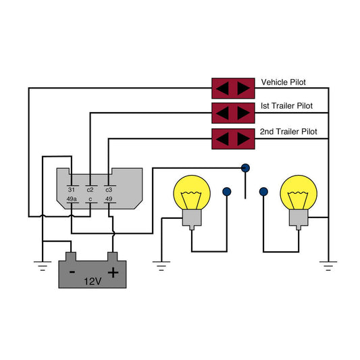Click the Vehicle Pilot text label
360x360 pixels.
tap(283, 82)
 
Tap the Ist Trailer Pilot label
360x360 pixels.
tap(286, 106)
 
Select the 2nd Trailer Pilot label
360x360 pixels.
tap(288, 132)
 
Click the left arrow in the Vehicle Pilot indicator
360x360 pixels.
tap(222, 88)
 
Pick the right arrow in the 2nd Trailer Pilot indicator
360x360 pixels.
tap(244, 139)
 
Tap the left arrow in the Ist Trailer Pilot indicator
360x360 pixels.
tap(222, 113)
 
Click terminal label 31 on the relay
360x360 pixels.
tap(72, 190)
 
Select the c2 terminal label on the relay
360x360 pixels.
tap(90, 190)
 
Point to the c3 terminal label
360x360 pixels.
tap(109, 190)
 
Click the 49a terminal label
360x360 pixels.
tap(72, 199)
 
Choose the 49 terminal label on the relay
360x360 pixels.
tap(109, 199)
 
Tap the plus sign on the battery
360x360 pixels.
tap(113, 273)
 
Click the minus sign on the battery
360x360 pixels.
tap(72, 272)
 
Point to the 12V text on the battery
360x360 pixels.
tap(93, 282)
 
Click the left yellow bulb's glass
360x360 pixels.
tap(192, 192)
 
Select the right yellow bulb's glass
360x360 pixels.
tap(299, 192)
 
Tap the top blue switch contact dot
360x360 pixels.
tap(245, 168)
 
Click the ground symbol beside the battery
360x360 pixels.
tap(43, 266)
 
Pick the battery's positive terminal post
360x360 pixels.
tap(113, 257)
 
